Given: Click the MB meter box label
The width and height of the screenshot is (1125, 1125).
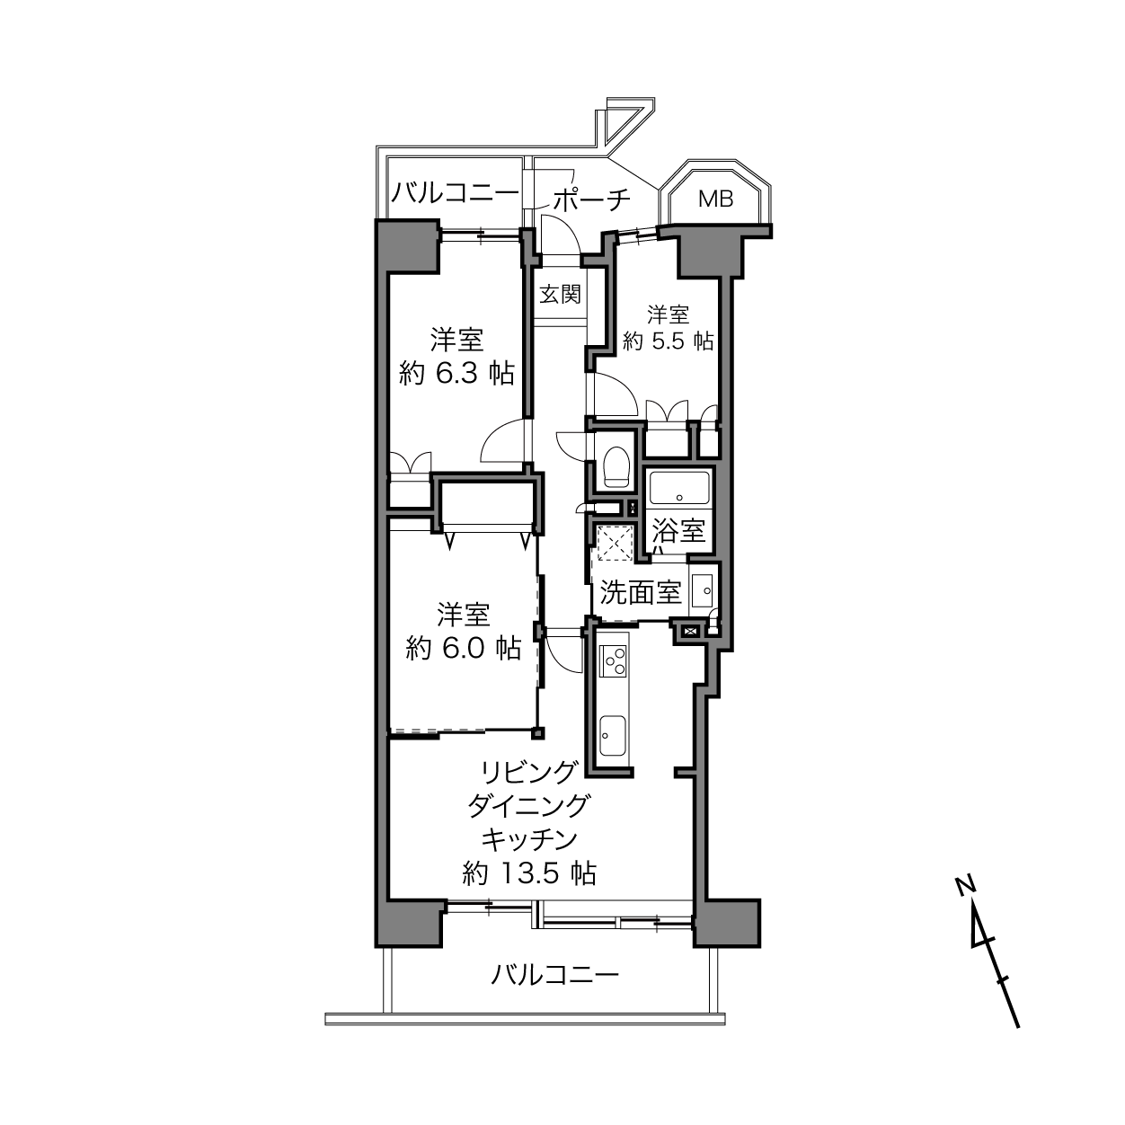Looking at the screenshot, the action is (716, 199).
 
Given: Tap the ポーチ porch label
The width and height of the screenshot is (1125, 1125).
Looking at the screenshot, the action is (591, 200).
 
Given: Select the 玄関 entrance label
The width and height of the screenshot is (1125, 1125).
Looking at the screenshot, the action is (560, 294).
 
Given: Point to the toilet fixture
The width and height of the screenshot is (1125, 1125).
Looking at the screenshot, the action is (616, 466).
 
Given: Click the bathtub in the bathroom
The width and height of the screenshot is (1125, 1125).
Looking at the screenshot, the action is (679, 488).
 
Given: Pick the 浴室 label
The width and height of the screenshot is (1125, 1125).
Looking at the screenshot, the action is (678, 531).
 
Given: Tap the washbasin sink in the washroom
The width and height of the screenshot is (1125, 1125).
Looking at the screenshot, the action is (701, 591).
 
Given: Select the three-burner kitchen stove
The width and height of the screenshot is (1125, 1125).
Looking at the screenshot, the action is (614, 660).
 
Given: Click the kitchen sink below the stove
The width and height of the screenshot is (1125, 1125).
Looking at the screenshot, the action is (614, 736).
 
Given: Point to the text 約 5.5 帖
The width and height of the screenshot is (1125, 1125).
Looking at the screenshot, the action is (669, 341).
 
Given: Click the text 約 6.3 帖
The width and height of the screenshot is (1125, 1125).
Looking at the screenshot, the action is (456, 373).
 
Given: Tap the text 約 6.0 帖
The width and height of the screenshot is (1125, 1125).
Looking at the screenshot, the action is (464, 648).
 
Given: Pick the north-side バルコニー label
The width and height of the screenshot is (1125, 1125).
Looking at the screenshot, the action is (454, 192).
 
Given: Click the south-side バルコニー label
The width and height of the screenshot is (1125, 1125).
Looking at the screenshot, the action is (554, 974).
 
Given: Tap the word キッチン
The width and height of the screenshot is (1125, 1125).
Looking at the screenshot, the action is (529, 840).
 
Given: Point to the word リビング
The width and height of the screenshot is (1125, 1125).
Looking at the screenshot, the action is (529, 773).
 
